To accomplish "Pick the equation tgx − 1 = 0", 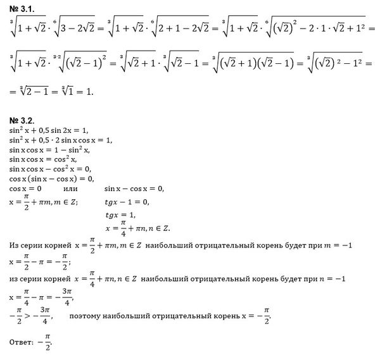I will coord(127,202).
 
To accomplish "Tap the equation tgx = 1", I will coord(120,215).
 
